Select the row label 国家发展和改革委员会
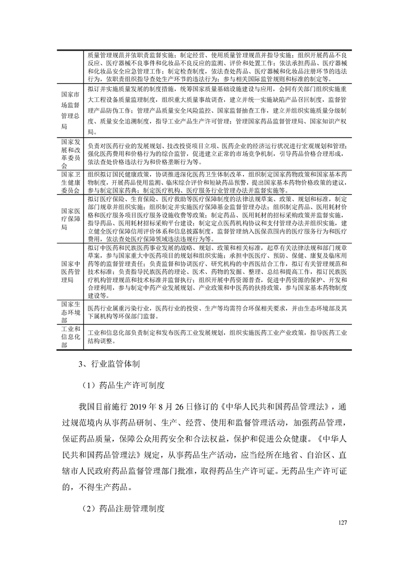(70, 154)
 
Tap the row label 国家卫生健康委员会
(70, 182)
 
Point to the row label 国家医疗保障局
(70, 218)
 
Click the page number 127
(344, 523)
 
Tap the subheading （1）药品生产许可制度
(123, 385)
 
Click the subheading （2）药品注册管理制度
(123, 508)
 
